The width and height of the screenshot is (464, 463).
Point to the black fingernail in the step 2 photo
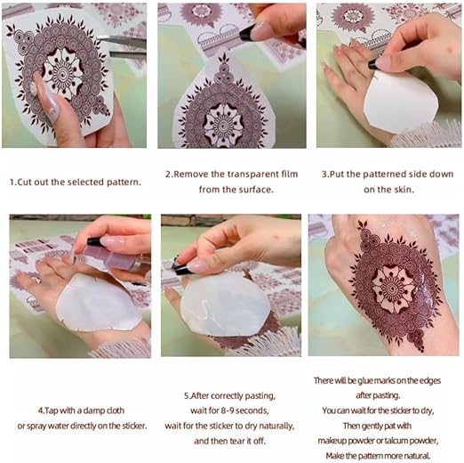tap(250, 32)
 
